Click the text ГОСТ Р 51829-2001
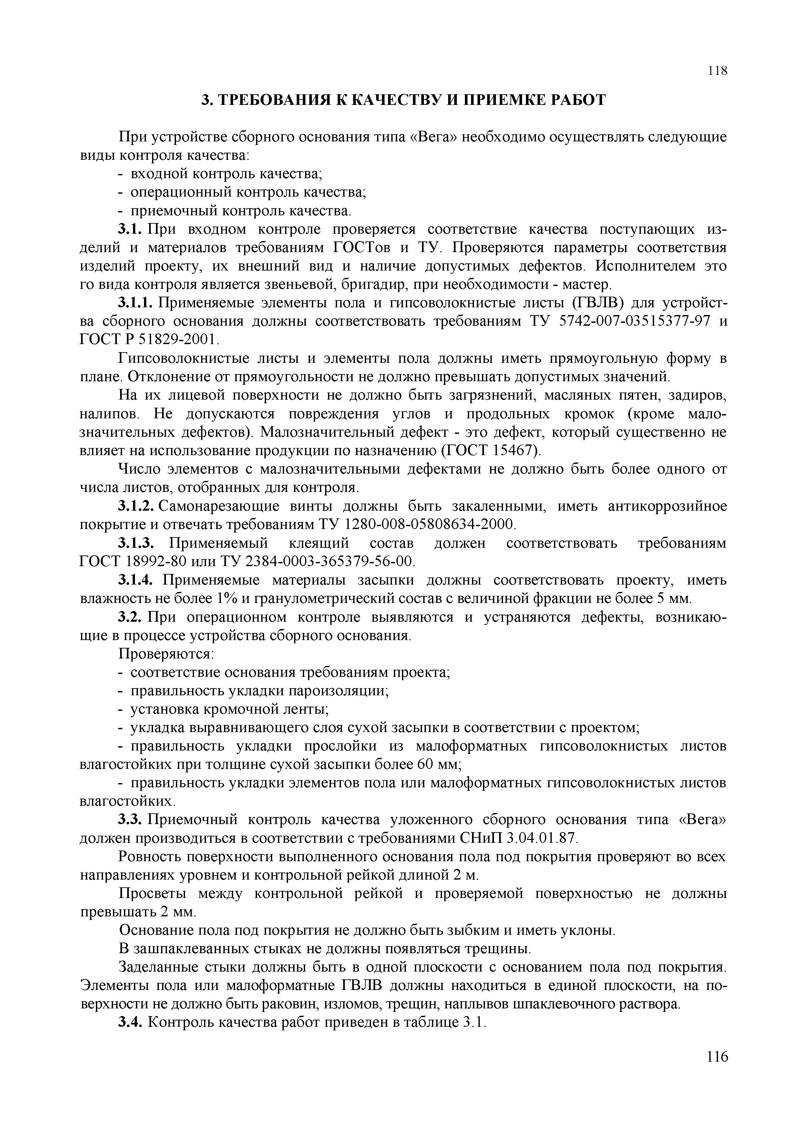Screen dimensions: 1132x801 coord(148,340)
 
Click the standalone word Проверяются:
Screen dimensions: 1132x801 coord(166,654)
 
